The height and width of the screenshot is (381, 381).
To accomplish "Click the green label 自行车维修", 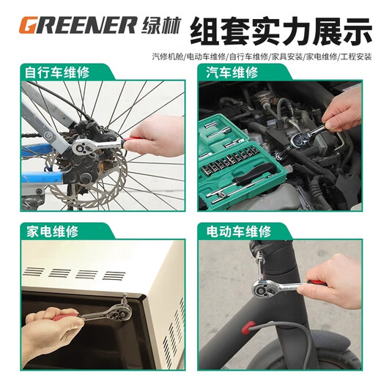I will tap(54, 73).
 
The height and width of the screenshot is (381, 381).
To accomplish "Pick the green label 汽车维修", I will tap(231, 73).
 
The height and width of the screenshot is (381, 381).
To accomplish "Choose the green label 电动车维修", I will tap(236, 232).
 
